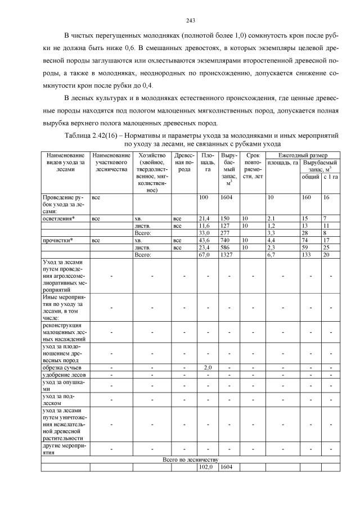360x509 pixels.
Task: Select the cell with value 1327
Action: [227, 254]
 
